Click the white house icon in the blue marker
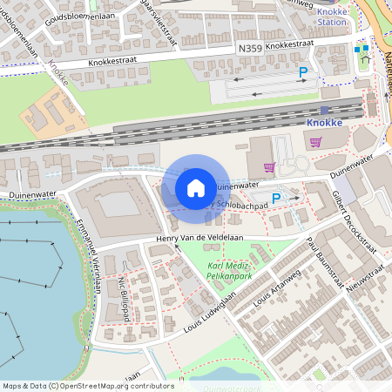(196, 188)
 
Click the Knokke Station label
(331, 16)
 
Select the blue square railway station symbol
(325, 110)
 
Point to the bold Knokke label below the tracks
(324, 124)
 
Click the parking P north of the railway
(303, 72)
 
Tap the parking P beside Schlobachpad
(276, 199)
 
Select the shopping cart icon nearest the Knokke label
(314, 142)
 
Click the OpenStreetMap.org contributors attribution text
(108, 386)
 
